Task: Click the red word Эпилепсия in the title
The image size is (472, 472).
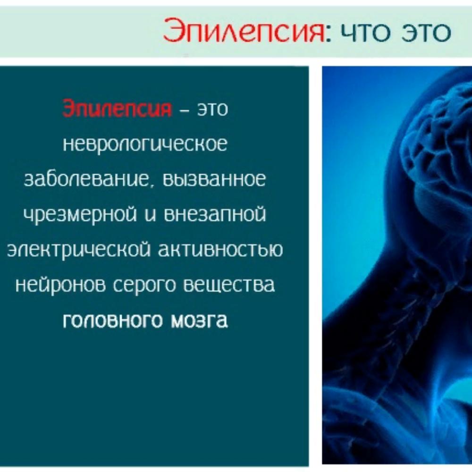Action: [244, 30]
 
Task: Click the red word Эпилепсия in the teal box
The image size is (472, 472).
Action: [117, 108]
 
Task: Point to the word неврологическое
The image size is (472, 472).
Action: [145, 144]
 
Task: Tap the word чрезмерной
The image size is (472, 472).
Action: [80, 215]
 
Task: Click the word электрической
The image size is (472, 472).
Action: [78, 250]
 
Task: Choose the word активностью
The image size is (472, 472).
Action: [220, 249]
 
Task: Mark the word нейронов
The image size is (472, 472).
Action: [60, 285]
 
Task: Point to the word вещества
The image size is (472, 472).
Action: [229, 285]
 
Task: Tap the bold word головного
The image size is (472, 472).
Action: [113, 320]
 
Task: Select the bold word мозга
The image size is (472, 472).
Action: [199, 320]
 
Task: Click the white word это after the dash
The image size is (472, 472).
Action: [212, 110]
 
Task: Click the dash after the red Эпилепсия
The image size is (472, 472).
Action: [184, 110]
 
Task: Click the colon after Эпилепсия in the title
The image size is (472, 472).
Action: [329, 34]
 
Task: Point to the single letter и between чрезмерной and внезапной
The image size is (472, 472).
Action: [150, 214]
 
